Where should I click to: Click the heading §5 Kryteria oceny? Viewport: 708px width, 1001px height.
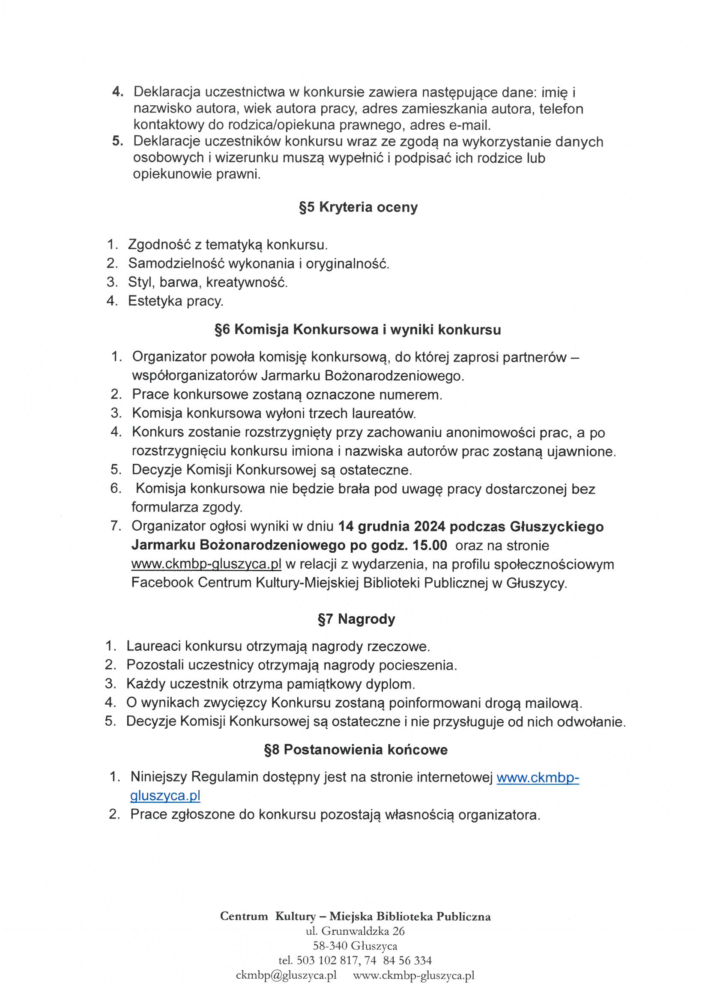point(358,207)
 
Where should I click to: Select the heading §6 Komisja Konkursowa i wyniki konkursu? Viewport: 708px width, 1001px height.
point(358,330)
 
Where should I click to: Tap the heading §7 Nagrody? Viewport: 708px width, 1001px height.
point(356,619)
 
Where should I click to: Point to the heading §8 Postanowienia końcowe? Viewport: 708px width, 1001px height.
point(356,750)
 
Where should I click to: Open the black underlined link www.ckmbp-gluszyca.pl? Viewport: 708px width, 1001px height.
point(206,564)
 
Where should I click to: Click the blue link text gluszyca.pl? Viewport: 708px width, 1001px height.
point(165,795)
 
